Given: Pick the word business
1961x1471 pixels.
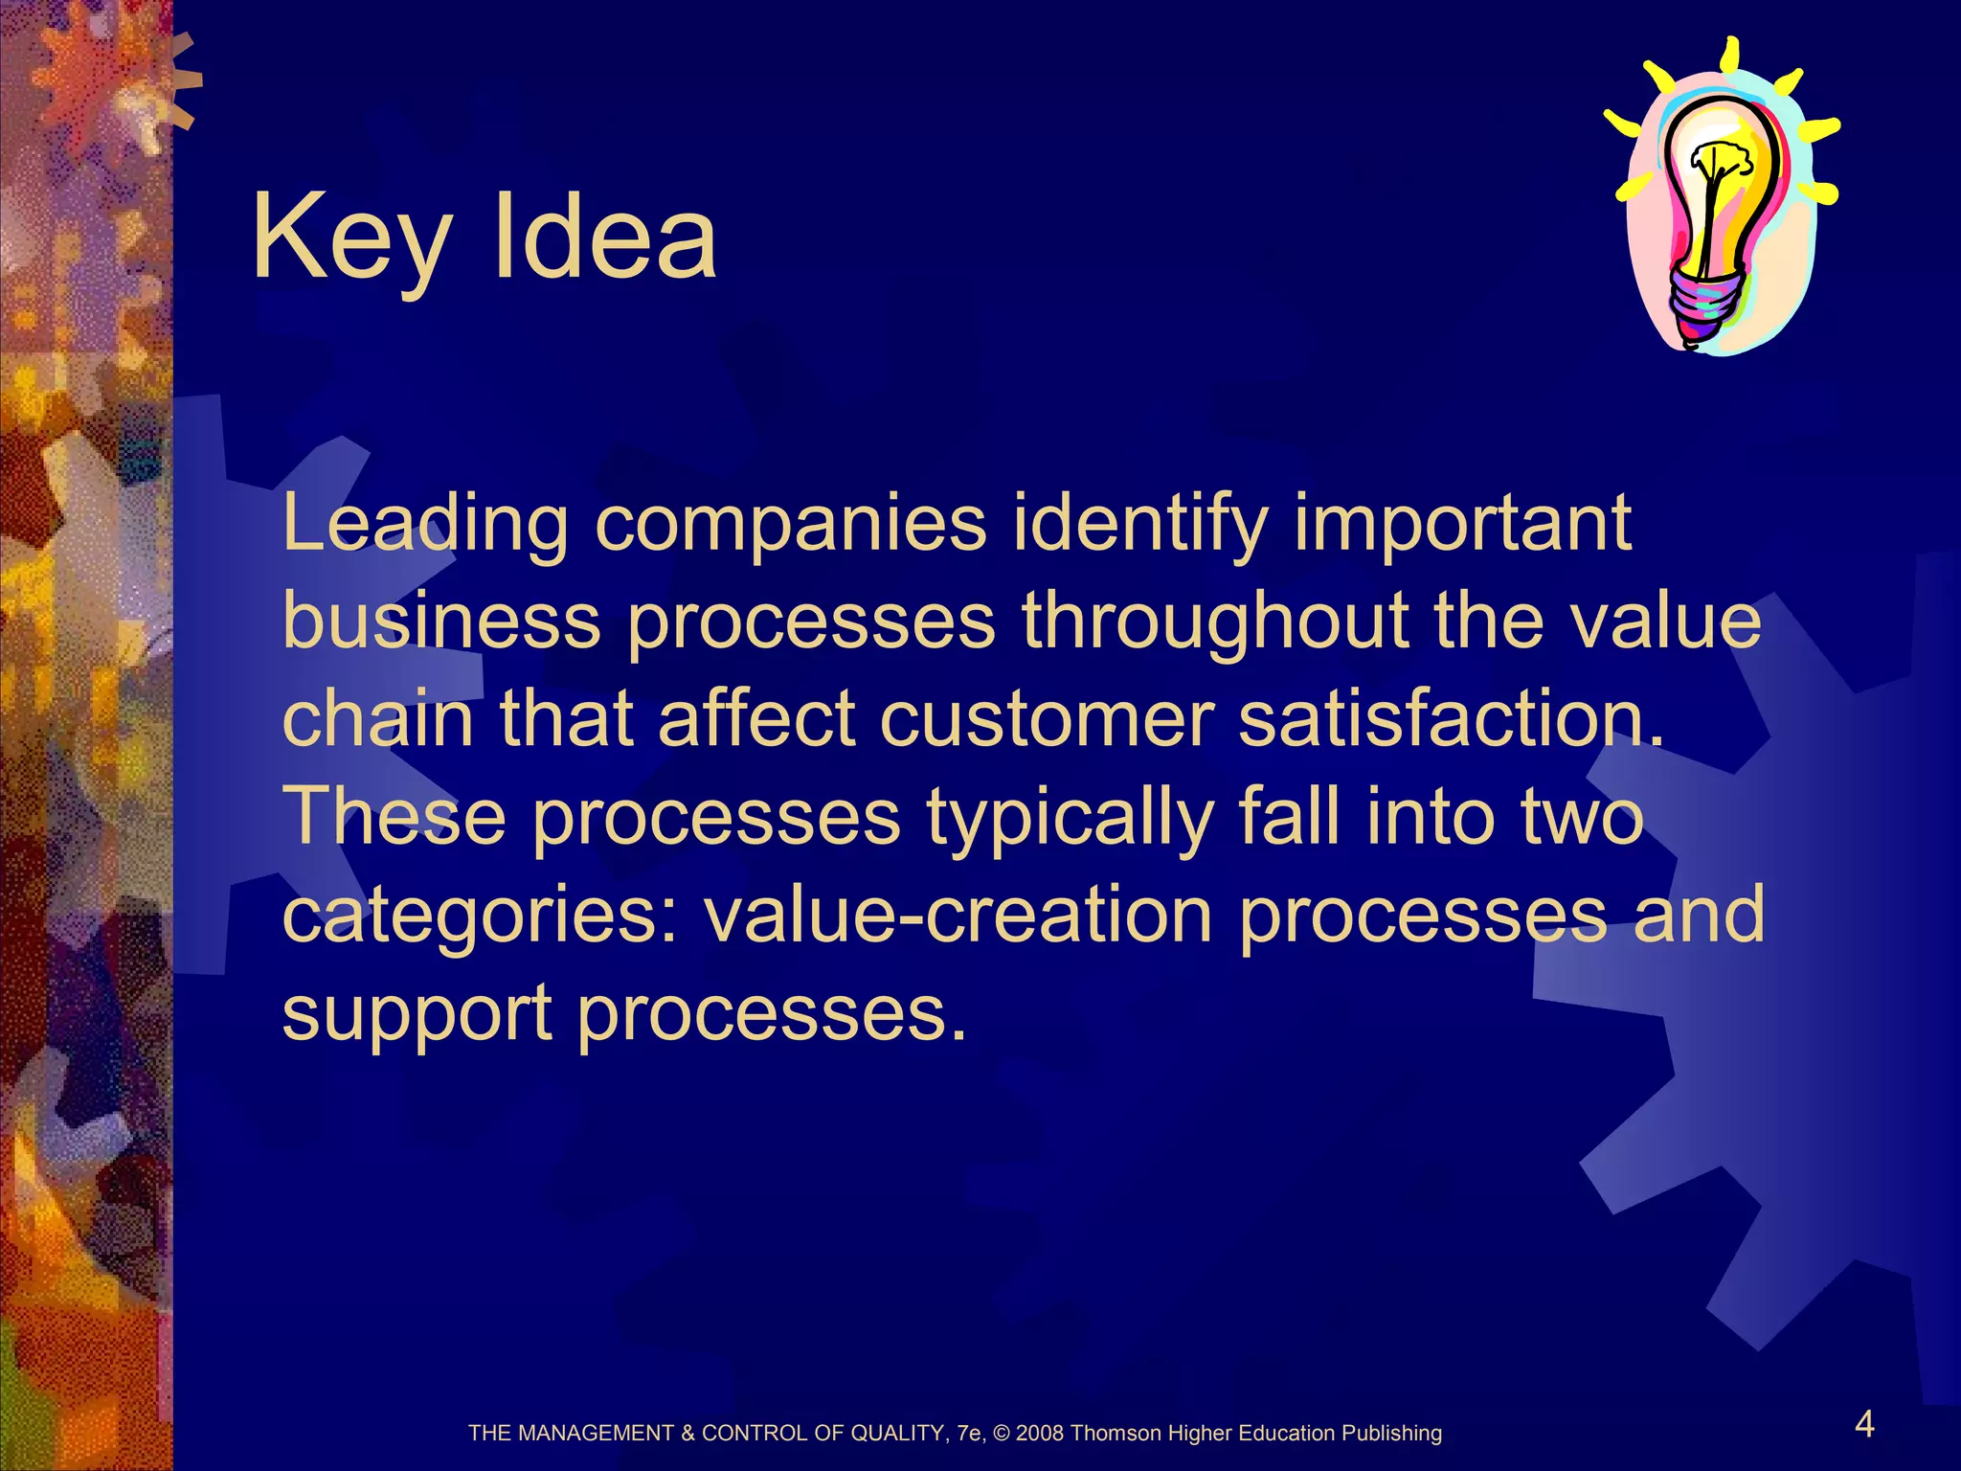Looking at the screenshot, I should (x=441, y=622).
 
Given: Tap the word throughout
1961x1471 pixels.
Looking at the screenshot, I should (x=1214, y=622).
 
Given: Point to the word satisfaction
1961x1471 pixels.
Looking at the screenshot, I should (x=1451, y=720).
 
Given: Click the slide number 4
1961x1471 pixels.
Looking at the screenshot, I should (x=1864, y=1425).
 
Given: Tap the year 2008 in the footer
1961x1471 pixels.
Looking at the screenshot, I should (x=1040, y=1434).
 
